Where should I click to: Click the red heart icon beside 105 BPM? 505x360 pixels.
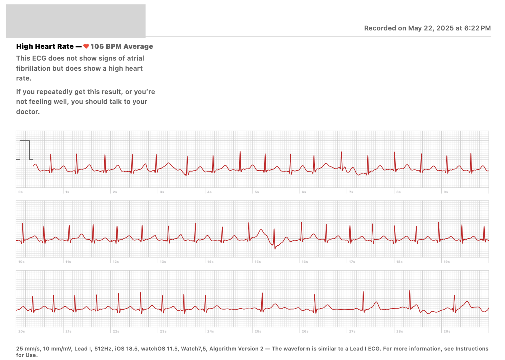point(86,46)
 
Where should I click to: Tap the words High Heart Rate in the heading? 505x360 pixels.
point(45,46)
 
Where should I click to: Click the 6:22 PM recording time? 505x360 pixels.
point(478,28)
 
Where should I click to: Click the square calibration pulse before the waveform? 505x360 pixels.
point(25,150)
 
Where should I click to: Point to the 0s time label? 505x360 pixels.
point(21,192)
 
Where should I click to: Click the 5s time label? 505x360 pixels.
point(257,192)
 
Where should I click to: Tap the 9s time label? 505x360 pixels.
point(446,192)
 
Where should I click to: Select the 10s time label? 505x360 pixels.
point(21,262)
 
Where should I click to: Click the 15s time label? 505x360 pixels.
point(258,262)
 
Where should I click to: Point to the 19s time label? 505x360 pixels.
point(447,262)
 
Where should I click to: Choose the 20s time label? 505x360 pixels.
point(22,331)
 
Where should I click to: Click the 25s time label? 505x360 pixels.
point(258,331)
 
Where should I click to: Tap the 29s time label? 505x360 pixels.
point(447,331)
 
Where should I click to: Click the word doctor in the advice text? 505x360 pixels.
point(28,112)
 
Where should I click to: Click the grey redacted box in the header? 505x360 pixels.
point(76,21)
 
